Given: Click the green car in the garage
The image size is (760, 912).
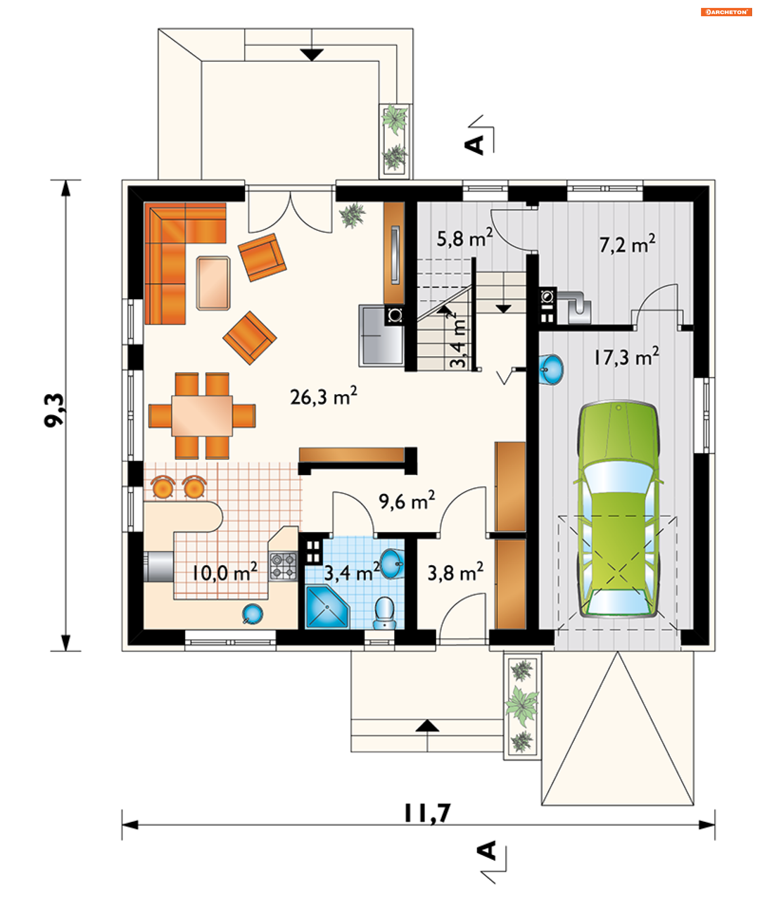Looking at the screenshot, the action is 618,509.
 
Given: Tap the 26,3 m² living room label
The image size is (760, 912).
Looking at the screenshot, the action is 323,396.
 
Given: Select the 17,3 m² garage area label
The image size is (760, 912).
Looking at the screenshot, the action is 626,357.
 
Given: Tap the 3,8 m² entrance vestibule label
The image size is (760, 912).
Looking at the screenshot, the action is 455,572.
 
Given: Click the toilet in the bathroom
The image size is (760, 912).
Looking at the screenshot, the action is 385,613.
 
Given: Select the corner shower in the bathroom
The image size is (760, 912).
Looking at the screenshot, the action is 327,607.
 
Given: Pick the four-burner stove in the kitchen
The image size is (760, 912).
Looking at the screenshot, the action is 283,566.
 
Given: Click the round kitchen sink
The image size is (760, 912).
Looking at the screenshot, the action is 252,614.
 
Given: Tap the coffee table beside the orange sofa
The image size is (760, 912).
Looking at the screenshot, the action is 213,283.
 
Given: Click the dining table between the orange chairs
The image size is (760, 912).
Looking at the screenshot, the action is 202,416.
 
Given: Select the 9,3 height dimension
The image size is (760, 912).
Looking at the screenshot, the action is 55,410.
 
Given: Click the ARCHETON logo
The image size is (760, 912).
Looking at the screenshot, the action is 726,12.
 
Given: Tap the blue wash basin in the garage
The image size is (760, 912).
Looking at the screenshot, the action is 551,370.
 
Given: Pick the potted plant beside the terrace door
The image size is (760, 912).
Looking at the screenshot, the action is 352,215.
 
